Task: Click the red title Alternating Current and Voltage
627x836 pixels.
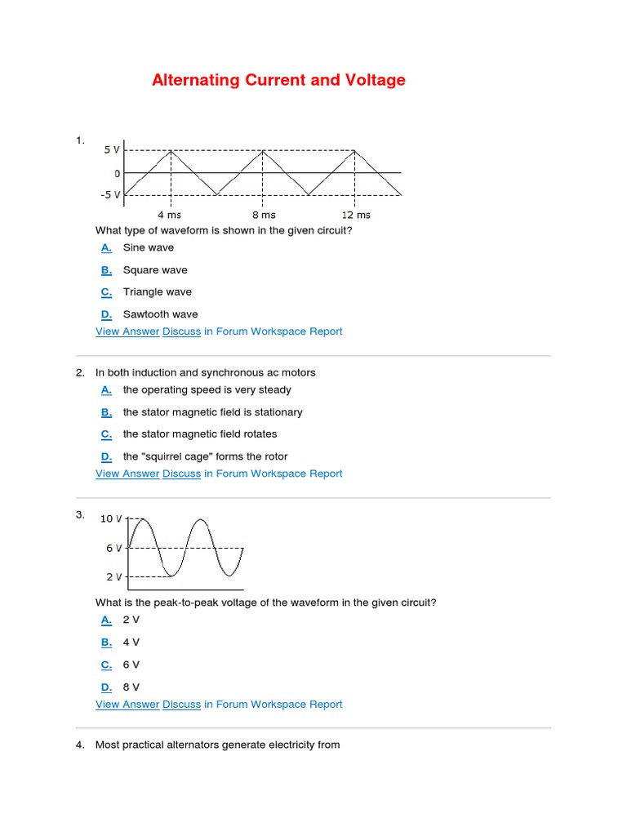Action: (x=278, y=80)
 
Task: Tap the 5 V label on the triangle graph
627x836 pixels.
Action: (x=111, y=150)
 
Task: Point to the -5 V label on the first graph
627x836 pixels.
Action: (x=109, y=195)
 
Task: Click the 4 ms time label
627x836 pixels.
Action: (x=171, y=215)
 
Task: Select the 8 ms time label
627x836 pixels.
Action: (x=264, y=215)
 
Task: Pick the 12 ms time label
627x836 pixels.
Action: (x=356, y=215)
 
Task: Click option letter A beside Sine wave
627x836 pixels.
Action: (x=106, y=248)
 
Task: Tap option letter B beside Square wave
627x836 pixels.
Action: (x=106, y=270)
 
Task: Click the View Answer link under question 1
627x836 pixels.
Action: (x=127, y=331)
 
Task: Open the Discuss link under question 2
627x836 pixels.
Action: (x=181, y=474)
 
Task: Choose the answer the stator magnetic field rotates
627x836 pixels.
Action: (x=200, y=434)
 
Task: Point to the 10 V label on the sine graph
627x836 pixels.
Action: (x=111, y=518)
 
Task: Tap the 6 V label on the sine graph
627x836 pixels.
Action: (x=113, y=548)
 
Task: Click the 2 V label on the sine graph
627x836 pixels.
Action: (x=113, y=576)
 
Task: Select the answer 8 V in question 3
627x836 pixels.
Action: (x=131, y=687)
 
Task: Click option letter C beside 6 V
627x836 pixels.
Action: (x=106, y=665)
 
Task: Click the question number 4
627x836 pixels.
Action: (x=80, y=745)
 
